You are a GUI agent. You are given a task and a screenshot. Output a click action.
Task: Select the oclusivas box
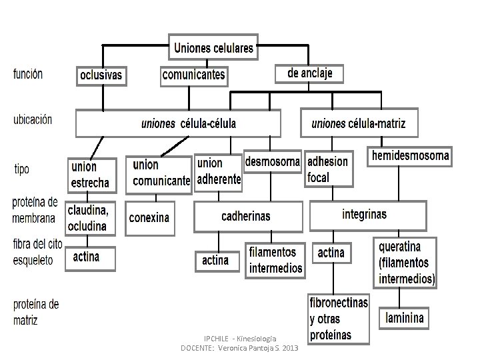point(101,75)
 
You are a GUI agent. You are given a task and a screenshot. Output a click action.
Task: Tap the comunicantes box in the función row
point(193,75)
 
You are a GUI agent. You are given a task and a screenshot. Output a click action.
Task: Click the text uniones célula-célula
point(189,123)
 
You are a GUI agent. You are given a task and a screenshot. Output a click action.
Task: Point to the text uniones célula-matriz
point(358,123)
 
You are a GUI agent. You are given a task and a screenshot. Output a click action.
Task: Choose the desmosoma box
point(273,162)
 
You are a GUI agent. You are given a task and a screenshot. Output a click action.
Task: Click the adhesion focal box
point(327,169)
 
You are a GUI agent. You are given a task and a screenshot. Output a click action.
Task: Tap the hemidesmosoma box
point(410,157)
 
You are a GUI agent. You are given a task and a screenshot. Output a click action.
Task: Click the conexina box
point(149,217)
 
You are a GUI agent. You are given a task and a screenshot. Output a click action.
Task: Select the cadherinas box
point(246,216)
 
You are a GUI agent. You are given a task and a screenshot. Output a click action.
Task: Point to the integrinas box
point(364,215)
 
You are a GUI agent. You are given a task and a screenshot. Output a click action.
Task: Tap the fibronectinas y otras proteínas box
point(339,319)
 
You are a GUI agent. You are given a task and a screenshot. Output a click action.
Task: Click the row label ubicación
point(32,120)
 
